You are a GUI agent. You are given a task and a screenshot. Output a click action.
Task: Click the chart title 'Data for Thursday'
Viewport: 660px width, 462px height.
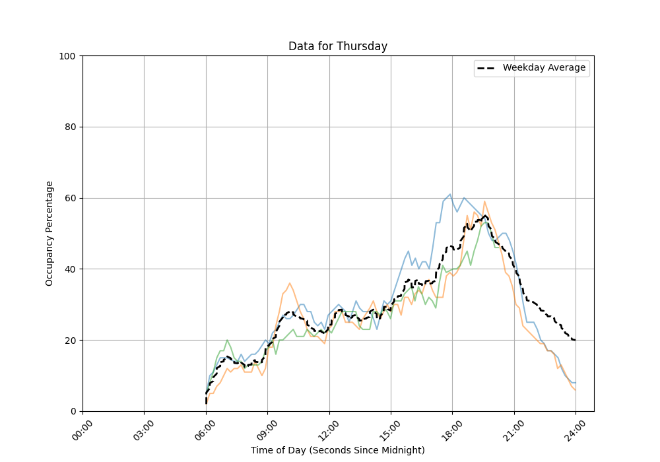[337, 47]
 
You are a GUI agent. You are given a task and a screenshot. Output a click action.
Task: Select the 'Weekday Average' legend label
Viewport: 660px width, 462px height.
[544, 68]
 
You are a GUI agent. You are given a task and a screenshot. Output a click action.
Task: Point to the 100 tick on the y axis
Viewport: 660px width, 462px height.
[67, 56]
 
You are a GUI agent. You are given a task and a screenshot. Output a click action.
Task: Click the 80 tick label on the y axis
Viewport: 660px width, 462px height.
[69, 127]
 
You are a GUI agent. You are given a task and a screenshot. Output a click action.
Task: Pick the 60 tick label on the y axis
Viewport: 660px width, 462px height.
[69, 198]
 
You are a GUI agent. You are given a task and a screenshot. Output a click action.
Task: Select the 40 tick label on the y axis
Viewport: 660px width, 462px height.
[69, 269]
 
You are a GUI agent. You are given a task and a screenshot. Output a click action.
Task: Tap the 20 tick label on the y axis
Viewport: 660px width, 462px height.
[69, 341]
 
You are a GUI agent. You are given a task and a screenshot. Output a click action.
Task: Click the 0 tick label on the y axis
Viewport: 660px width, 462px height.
[72, 411]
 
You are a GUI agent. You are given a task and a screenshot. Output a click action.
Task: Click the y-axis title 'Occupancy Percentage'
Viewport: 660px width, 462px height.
[49, 234]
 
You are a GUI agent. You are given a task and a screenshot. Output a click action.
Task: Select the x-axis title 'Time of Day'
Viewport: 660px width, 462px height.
[337, 450]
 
